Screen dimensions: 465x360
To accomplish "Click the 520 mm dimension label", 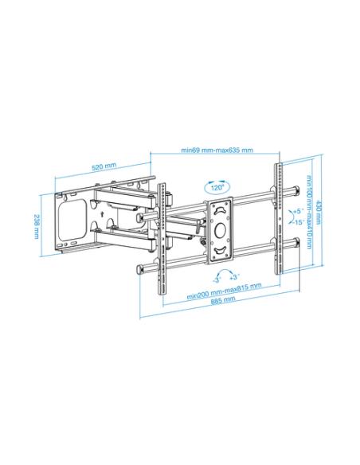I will [104, 166].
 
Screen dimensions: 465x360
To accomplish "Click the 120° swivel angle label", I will [216, 189].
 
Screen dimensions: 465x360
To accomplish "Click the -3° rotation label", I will [216, 279].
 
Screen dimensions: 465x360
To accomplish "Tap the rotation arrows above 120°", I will [216, 181].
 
